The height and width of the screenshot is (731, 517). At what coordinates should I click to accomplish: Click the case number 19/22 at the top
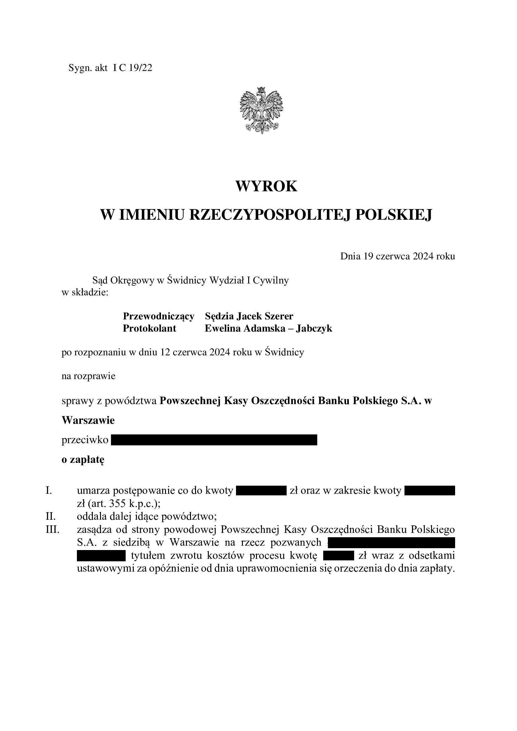(x=140, y=68)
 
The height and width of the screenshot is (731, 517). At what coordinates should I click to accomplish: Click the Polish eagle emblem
(x=261, y=109)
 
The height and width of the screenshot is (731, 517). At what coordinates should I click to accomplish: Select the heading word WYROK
(x=266, y=187)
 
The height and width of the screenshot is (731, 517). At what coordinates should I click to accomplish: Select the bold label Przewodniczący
(x=158, y=317)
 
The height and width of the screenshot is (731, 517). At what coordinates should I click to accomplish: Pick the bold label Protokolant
(x=149, y=328)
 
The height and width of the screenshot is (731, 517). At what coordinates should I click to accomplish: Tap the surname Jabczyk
(x=314, y=328)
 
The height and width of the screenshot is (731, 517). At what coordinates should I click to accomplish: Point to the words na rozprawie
(x=88, y=376)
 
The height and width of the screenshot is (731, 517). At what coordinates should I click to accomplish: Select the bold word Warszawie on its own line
(x=88, y=420)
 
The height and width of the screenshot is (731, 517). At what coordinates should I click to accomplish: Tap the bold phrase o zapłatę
(x=83, y=460)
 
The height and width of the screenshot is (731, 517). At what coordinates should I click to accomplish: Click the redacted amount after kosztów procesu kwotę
(x=339, y=556)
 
